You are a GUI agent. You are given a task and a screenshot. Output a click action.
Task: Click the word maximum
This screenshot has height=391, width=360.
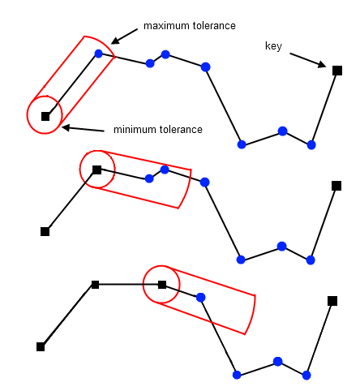click(x=166, y=26)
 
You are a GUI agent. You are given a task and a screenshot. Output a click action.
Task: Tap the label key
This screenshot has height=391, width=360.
click(x=273, y=46)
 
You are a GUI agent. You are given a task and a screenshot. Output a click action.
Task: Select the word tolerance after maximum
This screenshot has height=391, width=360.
click(x=214, y=26)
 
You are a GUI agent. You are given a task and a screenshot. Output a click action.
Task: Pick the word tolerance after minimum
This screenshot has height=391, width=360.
click(x=181, y=129)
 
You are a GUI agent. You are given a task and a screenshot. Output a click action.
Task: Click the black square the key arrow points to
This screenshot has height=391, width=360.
click(x=337, y=71)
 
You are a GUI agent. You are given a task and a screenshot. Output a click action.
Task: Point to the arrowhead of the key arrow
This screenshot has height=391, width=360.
click(x=322, y=64)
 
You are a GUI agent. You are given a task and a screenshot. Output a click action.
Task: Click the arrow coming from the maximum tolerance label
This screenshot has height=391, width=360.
click(x=125, y=37)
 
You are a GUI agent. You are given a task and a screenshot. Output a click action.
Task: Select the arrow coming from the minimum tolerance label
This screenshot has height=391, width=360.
click(x=83, y=129)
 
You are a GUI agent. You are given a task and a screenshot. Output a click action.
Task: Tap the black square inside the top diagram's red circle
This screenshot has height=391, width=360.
click(x=45, y=116)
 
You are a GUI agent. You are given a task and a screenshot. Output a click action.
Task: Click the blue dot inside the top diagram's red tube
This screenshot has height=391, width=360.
click(x=99, y=54)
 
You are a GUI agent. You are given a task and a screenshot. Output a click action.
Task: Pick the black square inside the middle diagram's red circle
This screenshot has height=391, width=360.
click(x=96, y=170)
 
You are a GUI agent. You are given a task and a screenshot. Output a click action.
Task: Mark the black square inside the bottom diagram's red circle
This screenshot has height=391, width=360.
click(x=162, y=285)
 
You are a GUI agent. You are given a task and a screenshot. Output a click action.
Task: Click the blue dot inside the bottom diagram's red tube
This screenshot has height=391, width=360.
click(x=200, y=298)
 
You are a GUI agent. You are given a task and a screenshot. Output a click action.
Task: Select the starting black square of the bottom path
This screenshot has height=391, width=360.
click(x=41, y=346)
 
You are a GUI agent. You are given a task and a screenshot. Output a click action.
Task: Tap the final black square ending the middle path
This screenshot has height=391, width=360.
click(x=336, y=186)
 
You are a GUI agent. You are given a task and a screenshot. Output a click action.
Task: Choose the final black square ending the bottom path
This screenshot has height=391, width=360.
click(x=332, y=301)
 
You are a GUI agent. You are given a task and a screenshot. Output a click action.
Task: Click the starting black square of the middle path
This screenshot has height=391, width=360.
click(x=45, y=231)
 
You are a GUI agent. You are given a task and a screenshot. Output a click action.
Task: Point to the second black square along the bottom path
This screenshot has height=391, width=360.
click(x=95, y=285)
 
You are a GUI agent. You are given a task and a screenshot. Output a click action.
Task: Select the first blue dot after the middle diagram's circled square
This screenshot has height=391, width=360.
click(x=149, y=178)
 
